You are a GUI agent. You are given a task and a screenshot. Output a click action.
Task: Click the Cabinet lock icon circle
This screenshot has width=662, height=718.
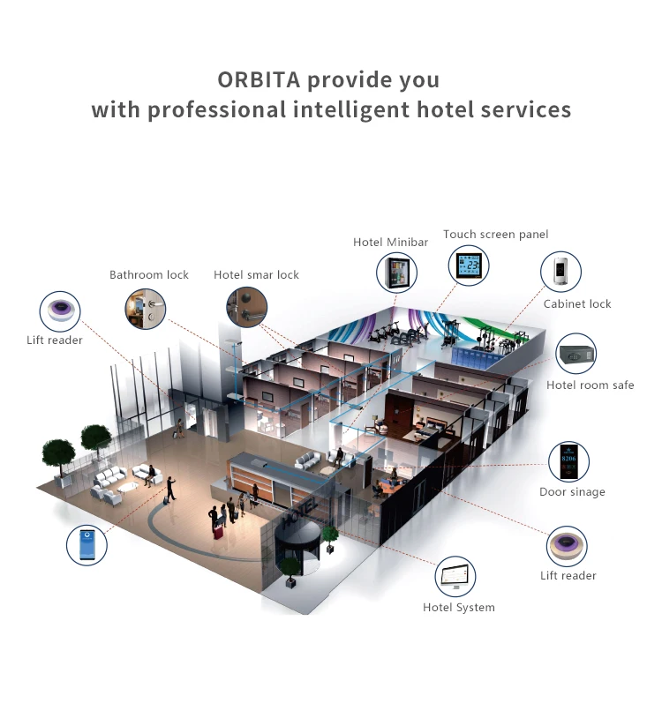pos(561,272)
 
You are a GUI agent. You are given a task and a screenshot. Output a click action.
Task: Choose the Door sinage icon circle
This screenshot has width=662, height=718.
pos(568,462)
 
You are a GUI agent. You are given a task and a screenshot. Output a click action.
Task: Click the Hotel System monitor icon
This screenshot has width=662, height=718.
pos(456,579)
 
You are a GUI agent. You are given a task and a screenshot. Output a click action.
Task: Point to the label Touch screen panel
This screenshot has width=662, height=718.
pos(495,235)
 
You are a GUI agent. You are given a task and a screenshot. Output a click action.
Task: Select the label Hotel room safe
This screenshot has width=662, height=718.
pos(590,385)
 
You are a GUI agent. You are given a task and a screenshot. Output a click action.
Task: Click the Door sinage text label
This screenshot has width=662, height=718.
pos(572,492)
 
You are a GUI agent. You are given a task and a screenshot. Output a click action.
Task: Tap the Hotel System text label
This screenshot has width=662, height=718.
pos(458,608)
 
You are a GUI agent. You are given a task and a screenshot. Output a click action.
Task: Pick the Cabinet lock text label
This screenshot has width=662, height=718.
pos(577,304)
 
